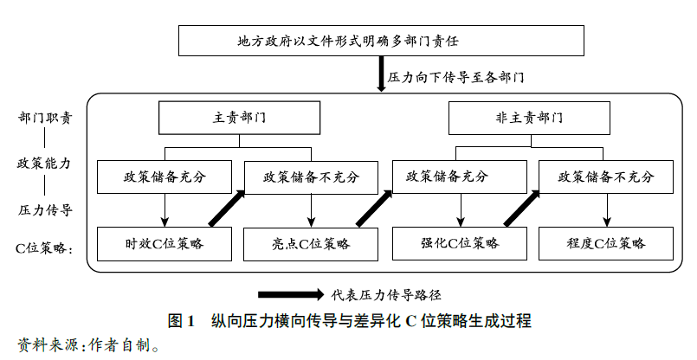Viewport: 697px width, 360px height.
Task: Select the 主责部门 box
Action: pyautogui.click(x=239, y=118)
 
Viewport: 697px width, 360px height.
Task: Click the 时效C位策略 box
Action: pyautogui.click(x=165, y=244)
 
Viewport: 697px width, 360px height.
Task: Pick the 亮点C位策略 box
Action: pyautogui.click(x=311, y=244)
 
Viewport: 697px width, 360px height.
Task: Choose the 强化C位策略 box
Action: pyautogui.click(x=460, y=244)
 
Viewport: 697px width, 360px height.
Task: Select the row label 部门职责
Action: pyautogui.click(x=45, y=117)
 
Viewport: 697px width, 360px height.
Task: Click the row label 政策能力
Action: pyautogui.click(x=45, y=163)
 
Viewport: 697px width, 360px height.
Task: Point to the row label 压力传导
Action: pyautogui.click(x=45, y=209)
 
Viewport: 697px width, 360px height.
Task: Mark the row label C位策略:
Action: pyautogui.click(x=45, y=247)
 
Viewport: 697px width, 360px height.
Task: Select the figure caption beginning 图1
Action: pyautogui.click(x=349, y=321)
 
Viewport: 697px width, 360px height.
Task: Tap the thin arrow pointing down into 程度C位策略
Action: pyautogui.click(x=606, y=209)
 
